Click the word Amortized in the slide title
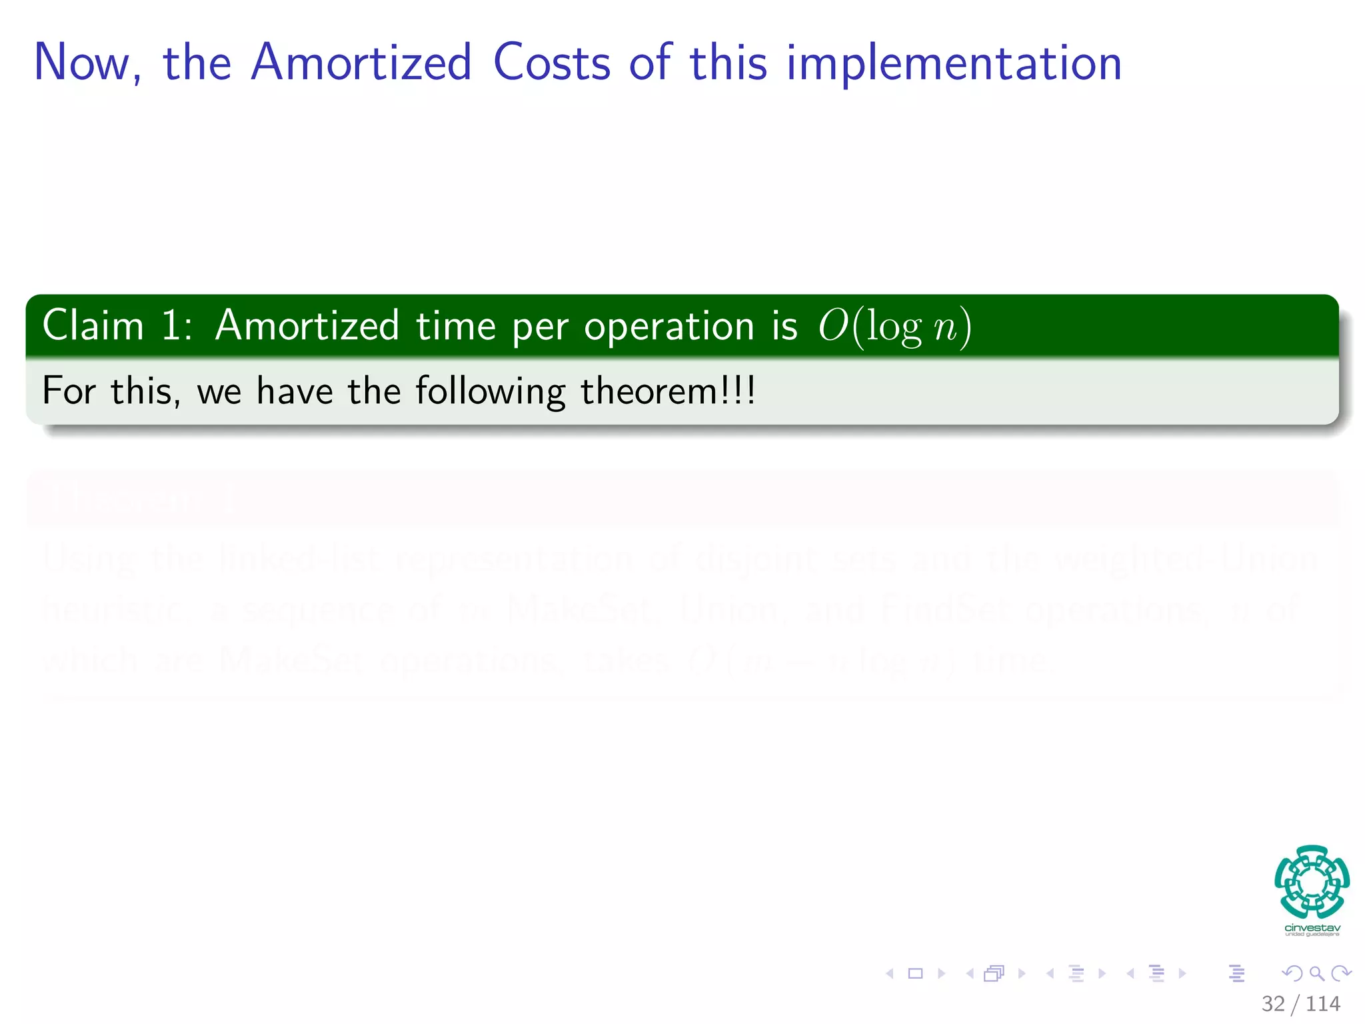click(x=361, y=63)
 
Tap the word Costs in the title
click(x=551, y=63)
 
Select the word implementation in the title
click(x=954, y=63)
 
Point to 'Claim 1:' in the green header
click(x=117, y=326)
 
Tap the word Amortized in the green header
click(x=307, y=326)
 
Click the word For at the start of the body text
click(x=69, y=391)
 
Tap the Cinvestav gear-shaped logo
click(x=1312, y=881)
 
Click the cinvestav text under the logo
click(x=1312, y=928)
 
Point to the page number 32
click(x=1273, y=1003)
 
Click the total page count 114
click(x=1323, y=1003)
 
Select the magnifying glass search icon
click(x=1316, y=973)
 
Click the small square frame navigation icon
click(x=916, y=973)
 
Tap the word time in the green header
click(x=456, y=326)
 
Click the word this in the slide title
click(x=728, y=63)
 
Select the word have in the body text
click(x=295, y=391)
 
